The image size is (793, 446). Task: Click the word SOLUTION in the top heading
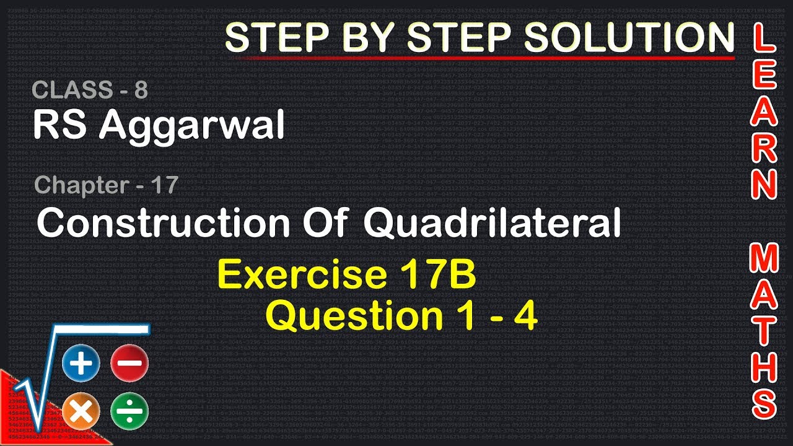pos(629,38)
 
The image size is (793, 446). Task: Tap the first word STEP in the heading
pos(271,38)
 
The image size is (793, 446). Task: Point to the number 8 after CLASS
pos(141,90)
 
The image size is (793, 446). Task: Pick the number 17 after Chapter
pos(164,185)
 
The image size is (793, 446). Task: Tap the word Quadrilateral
pos(493,223)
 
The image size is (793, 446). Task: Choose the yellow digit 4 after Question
pos(525,317)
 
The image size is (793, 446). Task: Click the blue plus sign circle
pos(81,364)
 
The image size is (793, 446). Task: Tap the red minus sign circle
pos(129,364)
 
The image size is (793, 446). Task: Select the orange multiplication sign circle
pos(81,411)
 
